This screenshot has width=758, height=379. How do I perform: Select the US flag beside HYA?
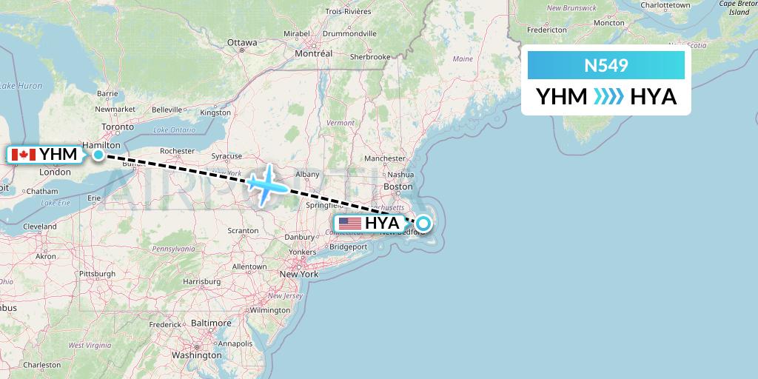click(x=349, y=223)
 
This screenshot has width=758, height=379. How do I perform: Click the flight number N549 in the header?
click(x=606, y=66)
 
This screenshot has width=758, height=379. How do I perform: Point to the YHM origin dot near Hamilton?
click(x=98, y=155)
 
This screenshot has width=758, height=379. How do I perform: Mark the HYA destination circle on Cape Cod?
click(x=423, y=223)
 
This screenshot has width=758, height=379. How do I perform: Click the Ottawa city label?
click(x=241, y=42)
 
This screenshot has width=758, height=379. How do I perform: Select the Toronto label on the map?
click(x=117, y=127)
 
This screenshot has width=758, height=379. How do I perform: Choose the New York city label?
click(x=299, y=274)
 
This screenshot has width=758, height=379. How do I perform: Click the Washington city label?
click(x=192, y=355)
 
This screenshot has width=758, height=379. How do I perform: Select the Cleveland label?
click(x=39, y=227)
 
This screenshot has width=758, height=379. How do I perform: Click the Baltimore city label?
click(x=212, y=323)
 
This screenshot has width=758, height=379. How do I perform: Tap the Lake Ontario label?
click(x=175, y=130)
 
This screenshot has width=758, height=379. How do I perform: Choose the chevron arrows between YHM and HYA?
click(x=609, y=97)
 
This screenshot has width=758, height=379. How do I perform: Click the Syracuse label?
click(x=227, y=156)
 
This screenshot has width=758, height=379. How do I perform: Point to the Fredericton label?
click(x=546, y=30)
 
